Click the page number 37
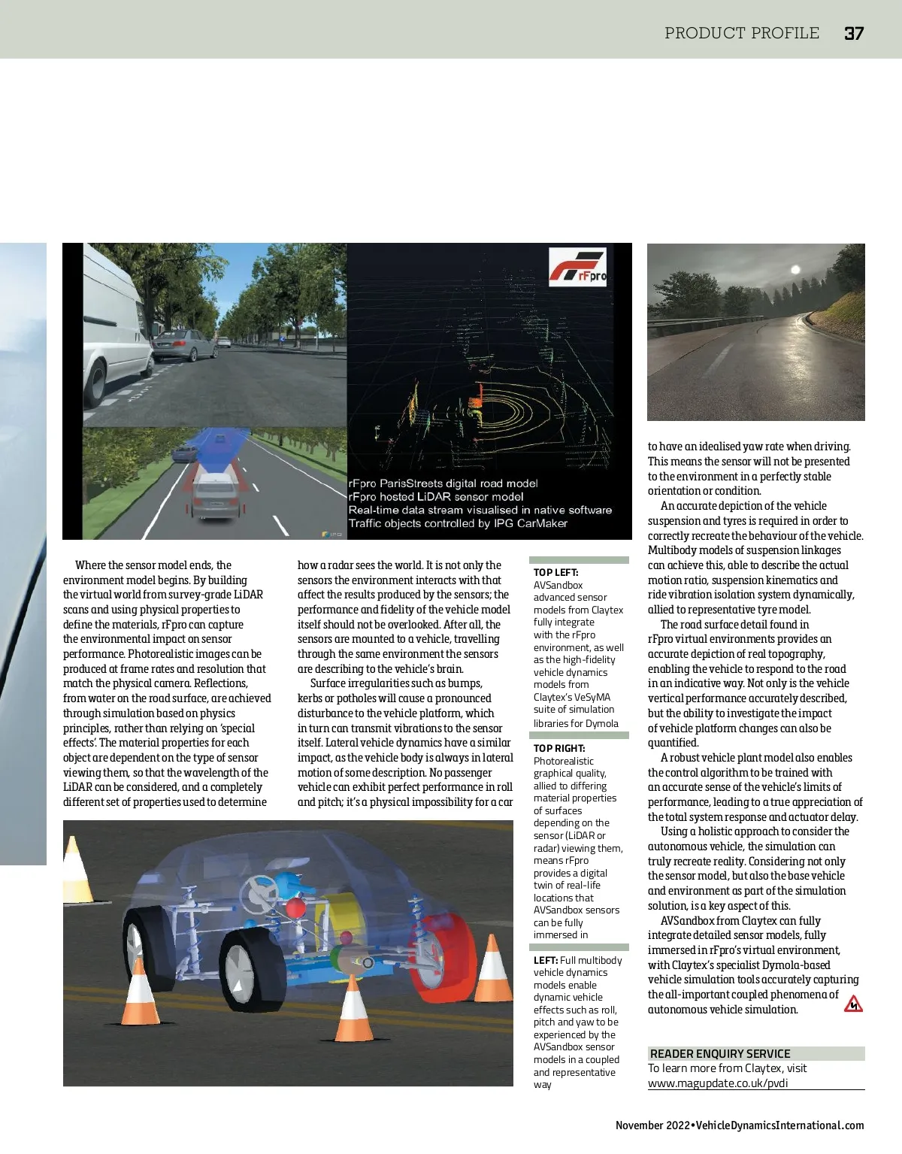coord(853,33)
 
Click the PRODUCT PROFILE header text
coord(741,33)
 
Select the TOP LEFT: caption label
coord(555,572)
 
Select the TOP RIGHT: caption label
coord(559,748)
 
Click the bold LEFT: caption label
coord(545,960)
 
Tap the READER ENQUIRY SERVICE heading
coord(719,1053)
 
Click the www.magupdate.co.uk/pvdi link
coord(718,1083)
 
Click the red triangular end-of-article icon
coord(852,1004)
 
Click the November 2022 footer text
coord(652,1125)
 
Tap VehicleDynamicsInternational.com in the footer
coord(780,1125)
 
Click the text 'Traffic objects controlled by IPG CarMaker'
coord(458,523)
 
